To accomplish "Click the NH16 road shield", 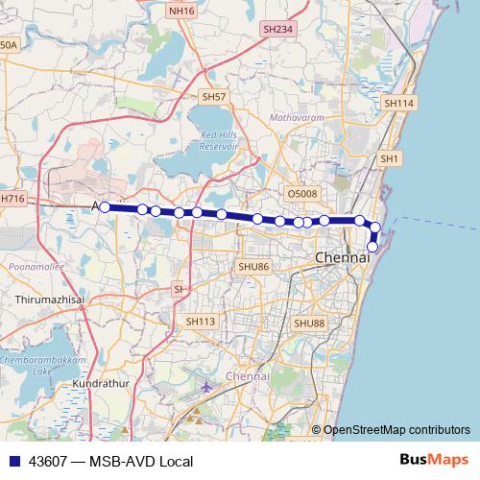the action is click(x=180, y=11).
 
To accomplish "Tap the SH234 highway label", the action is click(x=276, y=30).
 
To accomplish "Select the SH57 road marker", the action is click(x=213, y=97).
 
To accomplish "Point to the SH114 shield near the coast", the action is click(x=397, y=103).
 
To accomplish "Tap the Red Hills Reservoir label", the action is click(x=218, y=140).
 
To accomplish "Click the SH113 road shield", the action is click(x=201, y=322).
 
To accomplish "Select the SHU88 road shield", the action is click(x=310, y=324).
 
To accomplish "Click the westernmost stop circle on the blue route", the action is click(x=105, y=206).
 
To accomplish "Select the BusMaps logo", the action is click(x=433, y=461).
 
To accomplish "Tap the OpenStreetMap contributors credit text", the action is click(x=396, y=430).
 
